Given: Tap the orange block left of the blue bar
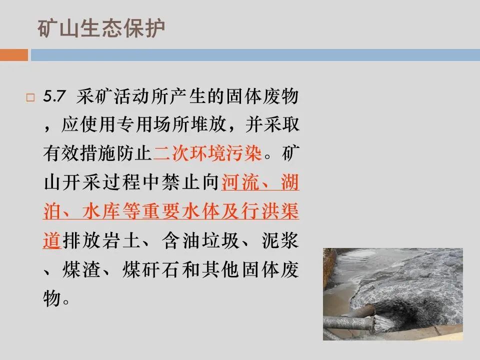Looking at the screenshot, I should coord(14,54).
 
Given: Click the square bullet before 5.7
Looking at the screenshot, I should coord(30,98).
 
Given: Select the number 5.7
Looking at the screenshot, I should coord(52,97).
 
